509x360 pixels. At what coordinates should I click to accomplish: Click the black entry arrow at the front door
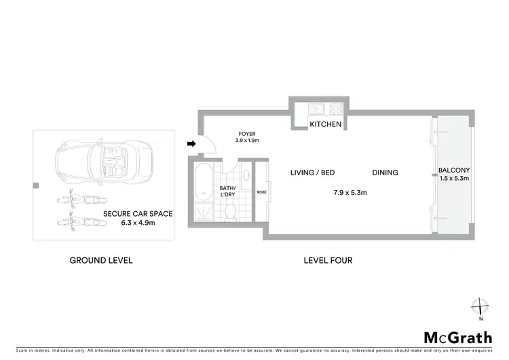[191, 144]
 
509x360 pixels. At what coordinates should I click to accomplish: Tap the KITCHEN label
[325, 125]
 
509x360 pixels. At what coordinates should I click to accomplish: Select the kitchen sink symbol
[316, 108]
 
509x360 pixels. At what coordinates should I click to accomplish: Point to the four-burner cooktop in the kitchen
[335, 108]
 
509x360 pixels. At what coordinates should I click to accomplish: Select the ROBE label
[261, 192]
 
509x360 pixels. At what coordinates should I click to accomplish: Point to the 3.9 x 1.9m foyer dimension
[247, 141]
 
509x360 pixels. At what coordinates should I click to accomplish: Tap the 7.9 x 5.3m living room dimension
[350, 193]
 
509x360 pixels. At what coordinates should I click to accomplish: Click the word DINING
[384, 173]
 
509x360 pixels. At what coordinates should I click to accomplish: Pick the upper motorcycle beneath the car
[79, 202]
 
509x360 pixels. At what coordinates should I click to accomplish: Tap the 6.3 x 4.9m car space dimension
[138, 222]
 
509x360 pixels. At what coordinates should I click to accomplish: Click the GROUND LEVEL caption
[101, 260]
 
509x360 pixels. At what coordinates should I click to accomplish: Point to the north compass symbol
[480, 306]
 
